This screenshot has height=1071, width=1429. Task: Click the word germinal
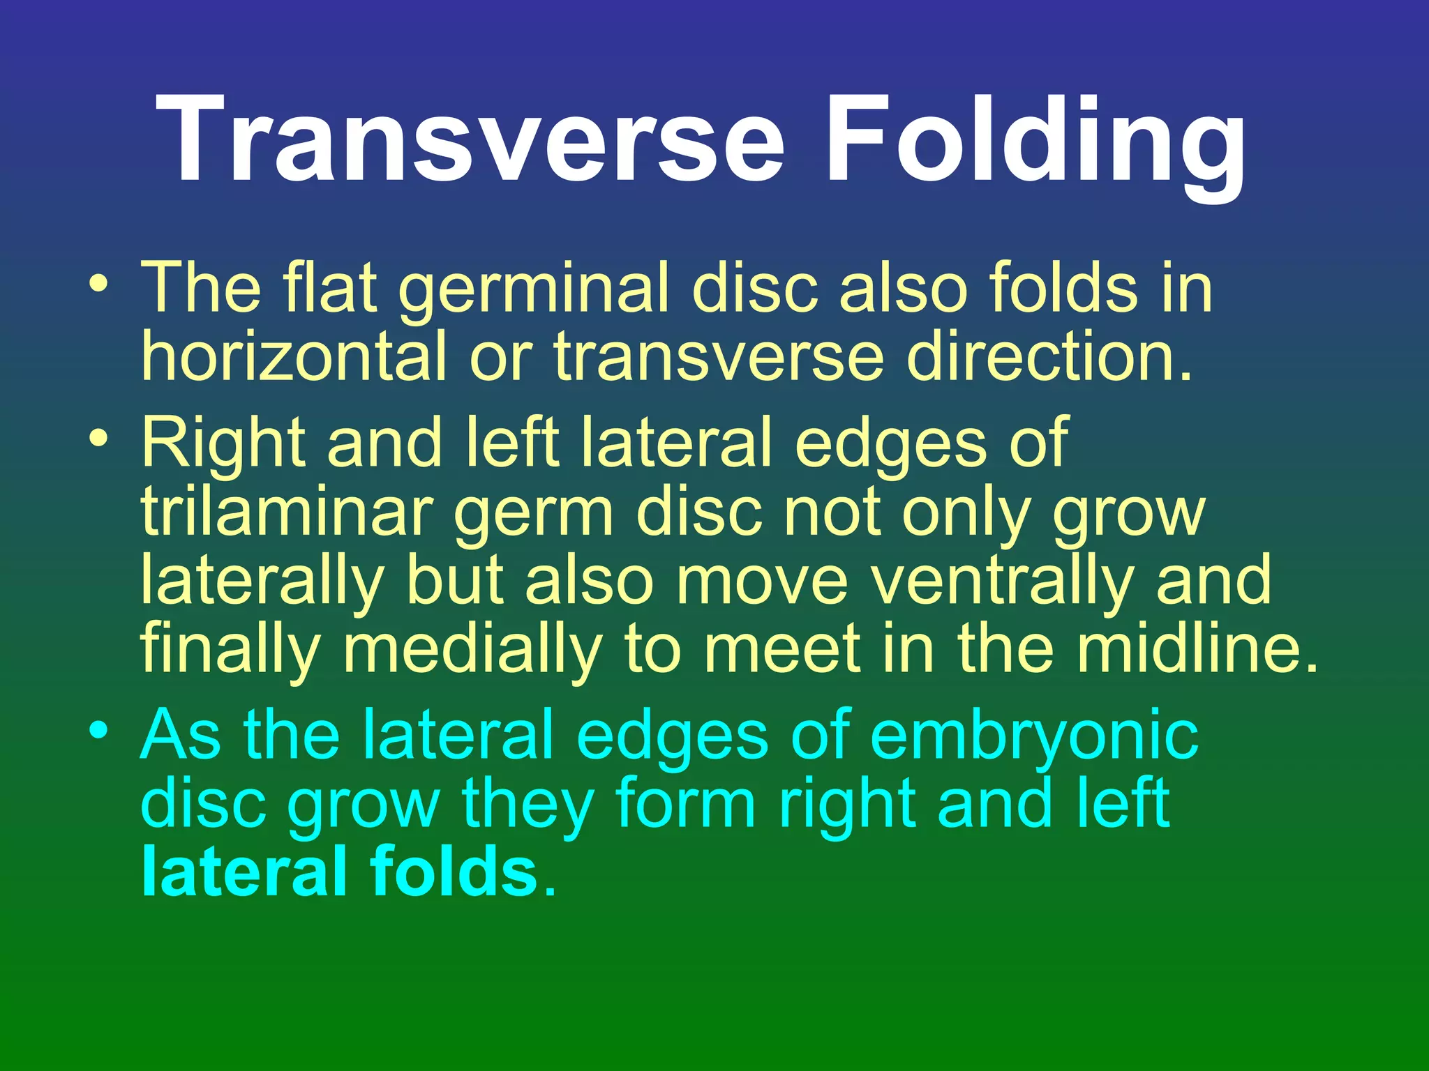534,289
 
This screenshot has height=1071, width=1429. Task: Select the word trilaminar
285,512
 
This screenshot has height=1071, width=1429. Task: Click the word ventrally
1003,581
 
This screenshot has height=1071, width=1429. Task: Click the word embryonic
1035,736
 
